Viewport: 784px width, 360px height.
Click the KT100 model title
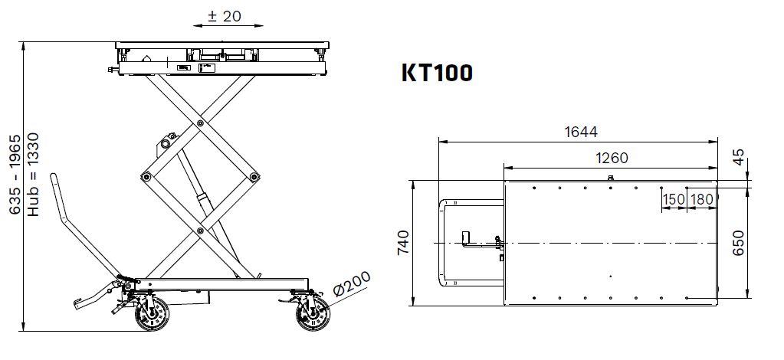coord(437,73)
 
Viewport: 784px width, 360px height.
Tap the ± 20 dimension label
coord(224,16)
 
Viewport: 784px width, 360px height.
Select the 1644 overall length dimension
coord(581,132)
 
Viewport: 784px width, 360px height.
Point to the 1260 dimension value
coord(612,158)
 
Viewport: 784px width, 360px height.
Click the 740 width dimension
coord(403,243)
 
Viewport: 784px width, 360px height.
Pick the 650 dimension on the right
coord(739,243)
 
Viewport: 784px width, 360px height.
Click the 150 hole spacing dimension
coord(674,199)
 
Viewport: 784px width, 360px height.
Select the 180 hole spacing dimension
coord(701,199)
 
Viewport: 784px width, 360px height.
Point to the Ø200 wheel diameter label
coord(352,283)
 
